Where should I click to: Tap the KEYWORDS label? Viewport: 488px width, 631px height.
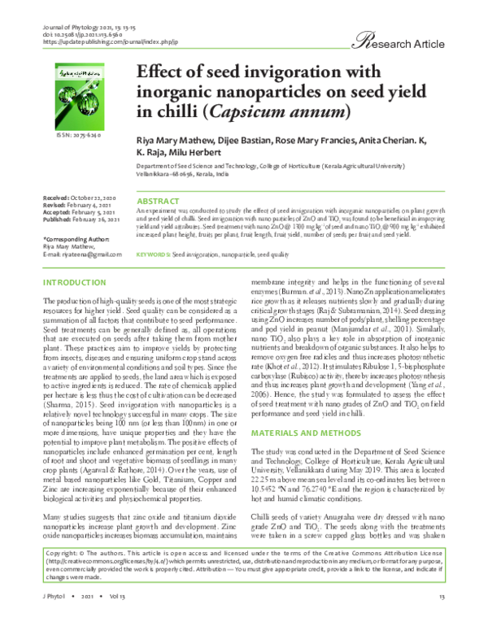154,255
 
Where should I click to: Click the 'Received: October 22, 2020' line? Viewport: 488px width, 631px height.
80,198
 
